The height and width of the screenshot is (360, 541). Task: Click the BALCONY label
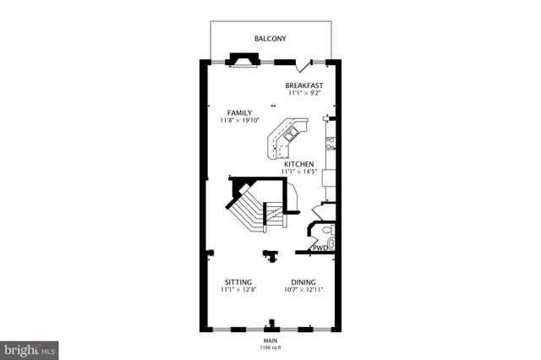click(x=270, y=39)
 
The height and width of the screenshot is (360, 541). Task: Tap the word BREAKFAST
click(x=304, y=85)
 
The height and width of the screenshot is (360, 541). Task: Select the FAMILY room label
click(x=240, y=112)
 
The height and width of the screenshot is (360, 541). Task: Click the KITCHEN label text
click(x=299, y=164)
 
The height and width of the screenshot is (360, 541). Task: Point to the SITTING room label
click(x=238, y=282)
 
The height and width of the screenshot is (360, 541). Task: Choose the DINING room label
click(x=303, y=282)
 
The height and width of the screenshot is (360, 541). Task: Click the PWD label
click(x=320, y=248)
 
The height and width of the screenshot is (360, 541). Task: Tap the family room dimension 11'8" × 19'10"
click(x=240, y=121)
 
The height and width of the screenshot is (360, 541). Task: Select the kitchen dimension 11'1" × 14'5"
click(x=299, y=172)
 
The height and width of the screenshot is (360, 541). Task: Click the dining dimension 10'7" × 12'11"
click(x=303, y=291)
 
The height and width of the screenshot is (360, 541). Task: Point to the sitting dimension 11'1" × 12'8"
click(x=238, y=291)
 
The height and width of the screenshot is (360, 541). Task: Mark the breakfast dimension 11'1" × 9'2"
click(x=304, y=94)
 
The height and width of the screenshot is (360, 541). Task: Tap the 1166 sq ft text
click(x=270, y=346)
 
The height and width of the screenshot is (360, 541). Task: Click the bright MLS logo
click(x=30, y=347)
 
